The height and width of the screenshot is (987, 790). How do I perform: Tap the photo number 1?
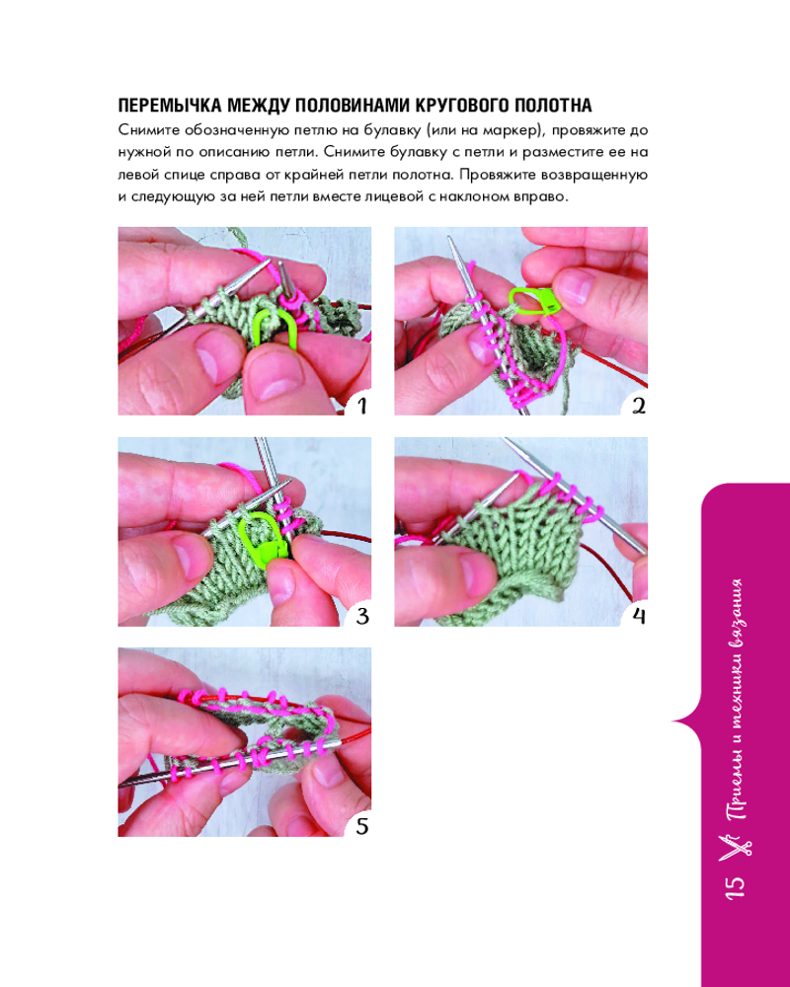361,406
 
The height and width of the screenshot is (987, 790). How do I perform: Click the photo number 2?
638,406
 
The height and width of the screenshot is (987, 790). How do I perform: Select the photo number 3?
361,616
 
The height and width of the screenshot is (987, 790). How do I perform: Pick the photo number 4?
638,616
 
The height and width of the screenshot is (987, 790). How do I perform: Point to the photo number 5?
361,826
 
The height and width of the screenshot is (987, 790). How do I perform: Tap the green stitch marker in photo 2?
534,300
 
